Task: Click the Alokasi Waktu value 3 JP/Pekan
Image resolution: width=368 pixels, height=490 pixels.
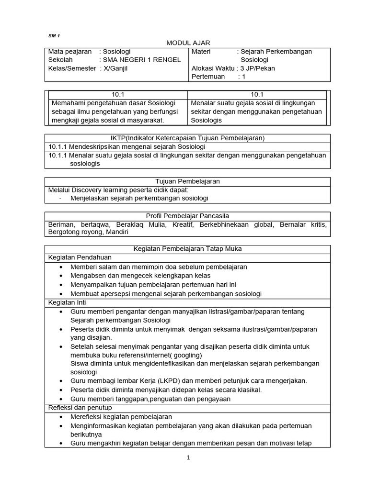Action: (256, 68)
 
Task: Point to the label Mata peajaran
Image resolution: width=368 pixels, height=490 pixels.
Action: (70, 52)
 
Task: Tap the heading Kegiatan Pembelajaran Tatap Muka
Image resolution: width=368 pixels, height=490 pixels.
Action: (188, 249)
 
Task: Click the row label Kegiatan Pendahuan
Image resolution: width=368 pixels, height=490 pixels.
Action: (76, 257)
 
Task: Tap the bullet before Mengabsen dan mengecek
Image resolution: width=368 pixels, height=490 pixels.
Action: (61, 276)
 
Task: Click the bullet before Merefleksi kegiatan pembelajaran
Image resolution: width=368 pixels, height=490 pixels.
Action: (61, 417)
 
